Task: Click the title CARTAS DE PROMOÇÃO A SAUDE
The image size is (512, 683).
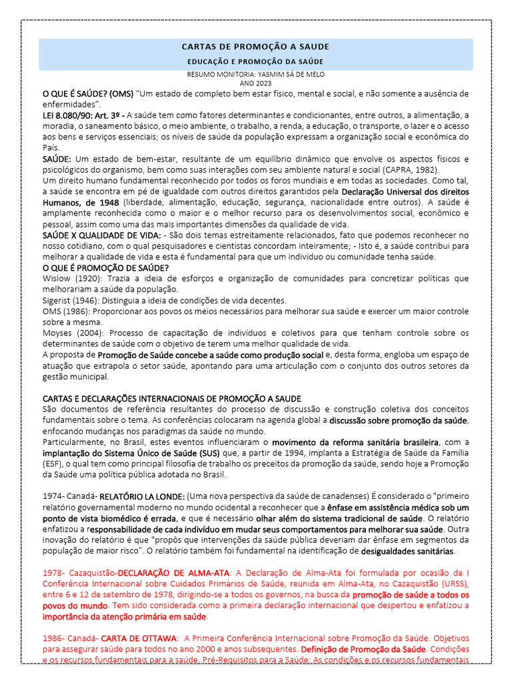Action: pyautogui.click(x=255, y=47)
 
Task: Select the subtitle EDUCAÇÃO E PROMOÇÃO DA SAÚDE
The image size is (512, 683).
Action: pyautogui.click(x=255, y=61)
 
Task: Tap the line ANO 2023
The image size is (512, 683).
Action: pyautogui.click(x=255, y=83)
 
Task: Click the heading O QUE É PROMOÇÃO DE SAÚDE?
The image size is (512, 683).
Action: pyautogui.click(x=106, y=267)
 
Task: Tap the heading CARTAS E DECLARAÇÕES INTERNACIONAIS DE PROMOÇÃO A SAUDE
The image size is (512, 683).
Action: pyautogui.click(x=172, y=398)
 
